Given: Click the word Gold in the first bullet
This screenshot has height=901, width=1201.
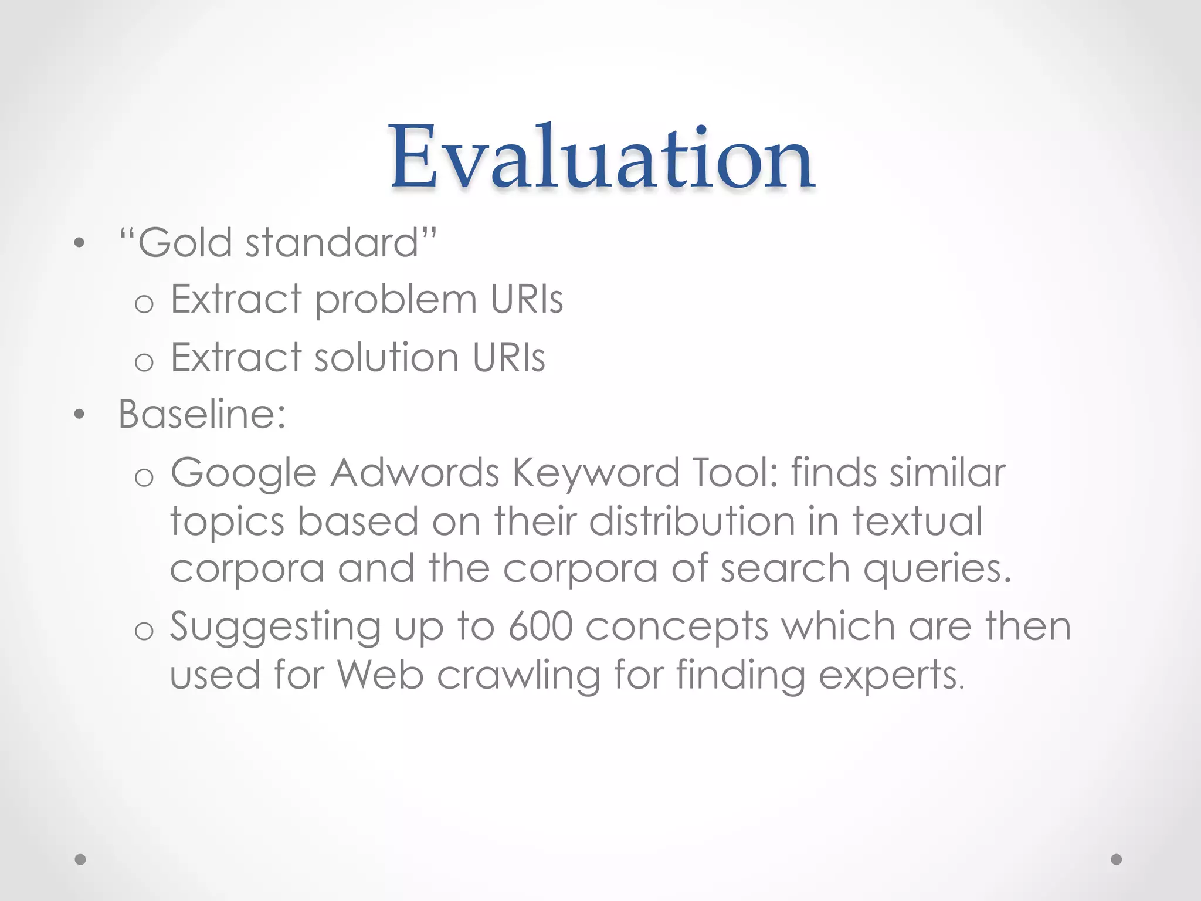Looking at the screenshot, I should [185, 242].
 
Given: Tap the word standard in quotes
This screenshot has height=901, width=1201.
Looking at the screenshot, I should [331, 242].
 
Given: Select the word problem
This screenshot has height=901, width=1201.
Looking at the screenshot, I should [396, 300].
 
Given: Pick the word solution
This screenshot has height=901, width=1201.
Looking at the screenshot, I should [386, 357].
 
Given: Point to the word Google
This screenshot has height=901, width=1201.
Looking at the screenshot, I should [243, 473].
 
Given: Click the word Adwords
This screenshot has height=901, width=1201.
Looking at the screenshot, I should [414, 473].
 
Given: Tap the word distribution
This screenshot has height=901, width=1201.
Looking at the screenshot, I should [691, 521].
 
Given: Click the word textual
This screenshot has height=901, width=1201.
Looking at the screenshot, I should [917, 521].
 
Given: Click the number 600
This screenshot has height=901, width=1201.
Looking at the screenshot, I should [540, 626].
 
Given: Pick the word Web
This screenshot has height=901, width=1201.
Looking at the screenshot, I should [381, 675].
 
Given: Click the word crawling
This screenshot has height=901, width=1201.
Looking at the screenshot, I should [518, 676].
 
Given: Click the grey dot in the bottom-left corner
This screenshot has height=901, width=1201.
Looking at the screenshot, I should [81, 859].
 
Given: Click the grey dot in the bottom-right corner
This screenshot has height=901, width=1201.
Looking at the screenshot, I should [1117, 859].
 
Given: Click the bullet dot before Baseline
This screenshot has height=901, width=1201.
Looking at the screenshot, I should [80, 415].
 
